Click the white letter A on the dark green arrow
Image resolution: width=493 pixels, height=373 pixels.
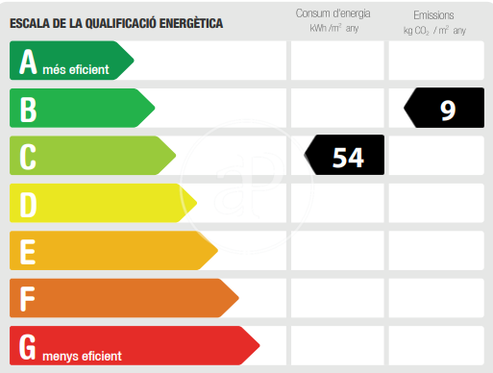point(28,62)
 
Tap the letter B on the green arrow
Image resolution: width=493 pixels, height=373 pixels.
point(28,110)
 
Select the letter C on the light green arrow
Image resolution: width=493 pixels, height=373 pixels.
point(28,157)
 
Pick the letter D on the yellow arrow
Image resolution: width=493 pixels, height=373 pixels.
point(28,205)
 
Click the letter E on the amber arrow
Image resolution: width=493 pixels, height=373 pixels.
point(28,252)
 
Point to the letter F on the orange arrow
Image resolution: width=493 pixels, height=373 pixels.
point(27,299)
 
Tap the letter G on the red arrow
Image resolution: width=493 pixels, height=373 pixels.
point(27,347)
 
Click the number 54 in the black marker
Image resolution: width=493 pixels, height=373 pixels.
point(348,158)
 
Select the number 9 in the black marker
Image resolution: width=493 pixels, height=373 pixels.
point(448,111)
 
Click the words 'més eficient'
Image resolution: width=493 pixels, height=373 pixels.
point(76,69)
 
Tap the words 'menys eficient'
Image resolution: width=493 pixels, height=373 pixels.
point(82,356)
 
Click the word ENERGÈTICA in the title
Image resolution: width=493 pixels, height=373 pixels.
point(191,23)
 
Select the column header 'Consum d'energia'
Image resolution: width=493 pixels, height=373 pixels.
point(333,13)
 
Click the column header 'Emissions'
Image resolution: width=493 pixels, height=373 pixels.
point(433,15)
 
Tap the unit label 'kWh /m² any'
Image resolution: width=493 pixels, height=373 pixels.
point(333,28)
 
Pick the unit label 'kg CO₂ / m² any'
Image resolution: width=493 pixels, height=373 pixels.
point(434,31)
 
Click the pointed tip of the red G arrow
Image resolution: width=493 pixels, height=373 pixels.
point(259,345)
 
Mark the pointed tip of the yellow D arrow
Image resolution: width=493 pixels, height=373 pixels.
point(197,203)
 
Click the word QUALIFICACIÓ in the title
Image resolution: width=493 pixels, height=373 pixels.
point(121,23)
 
